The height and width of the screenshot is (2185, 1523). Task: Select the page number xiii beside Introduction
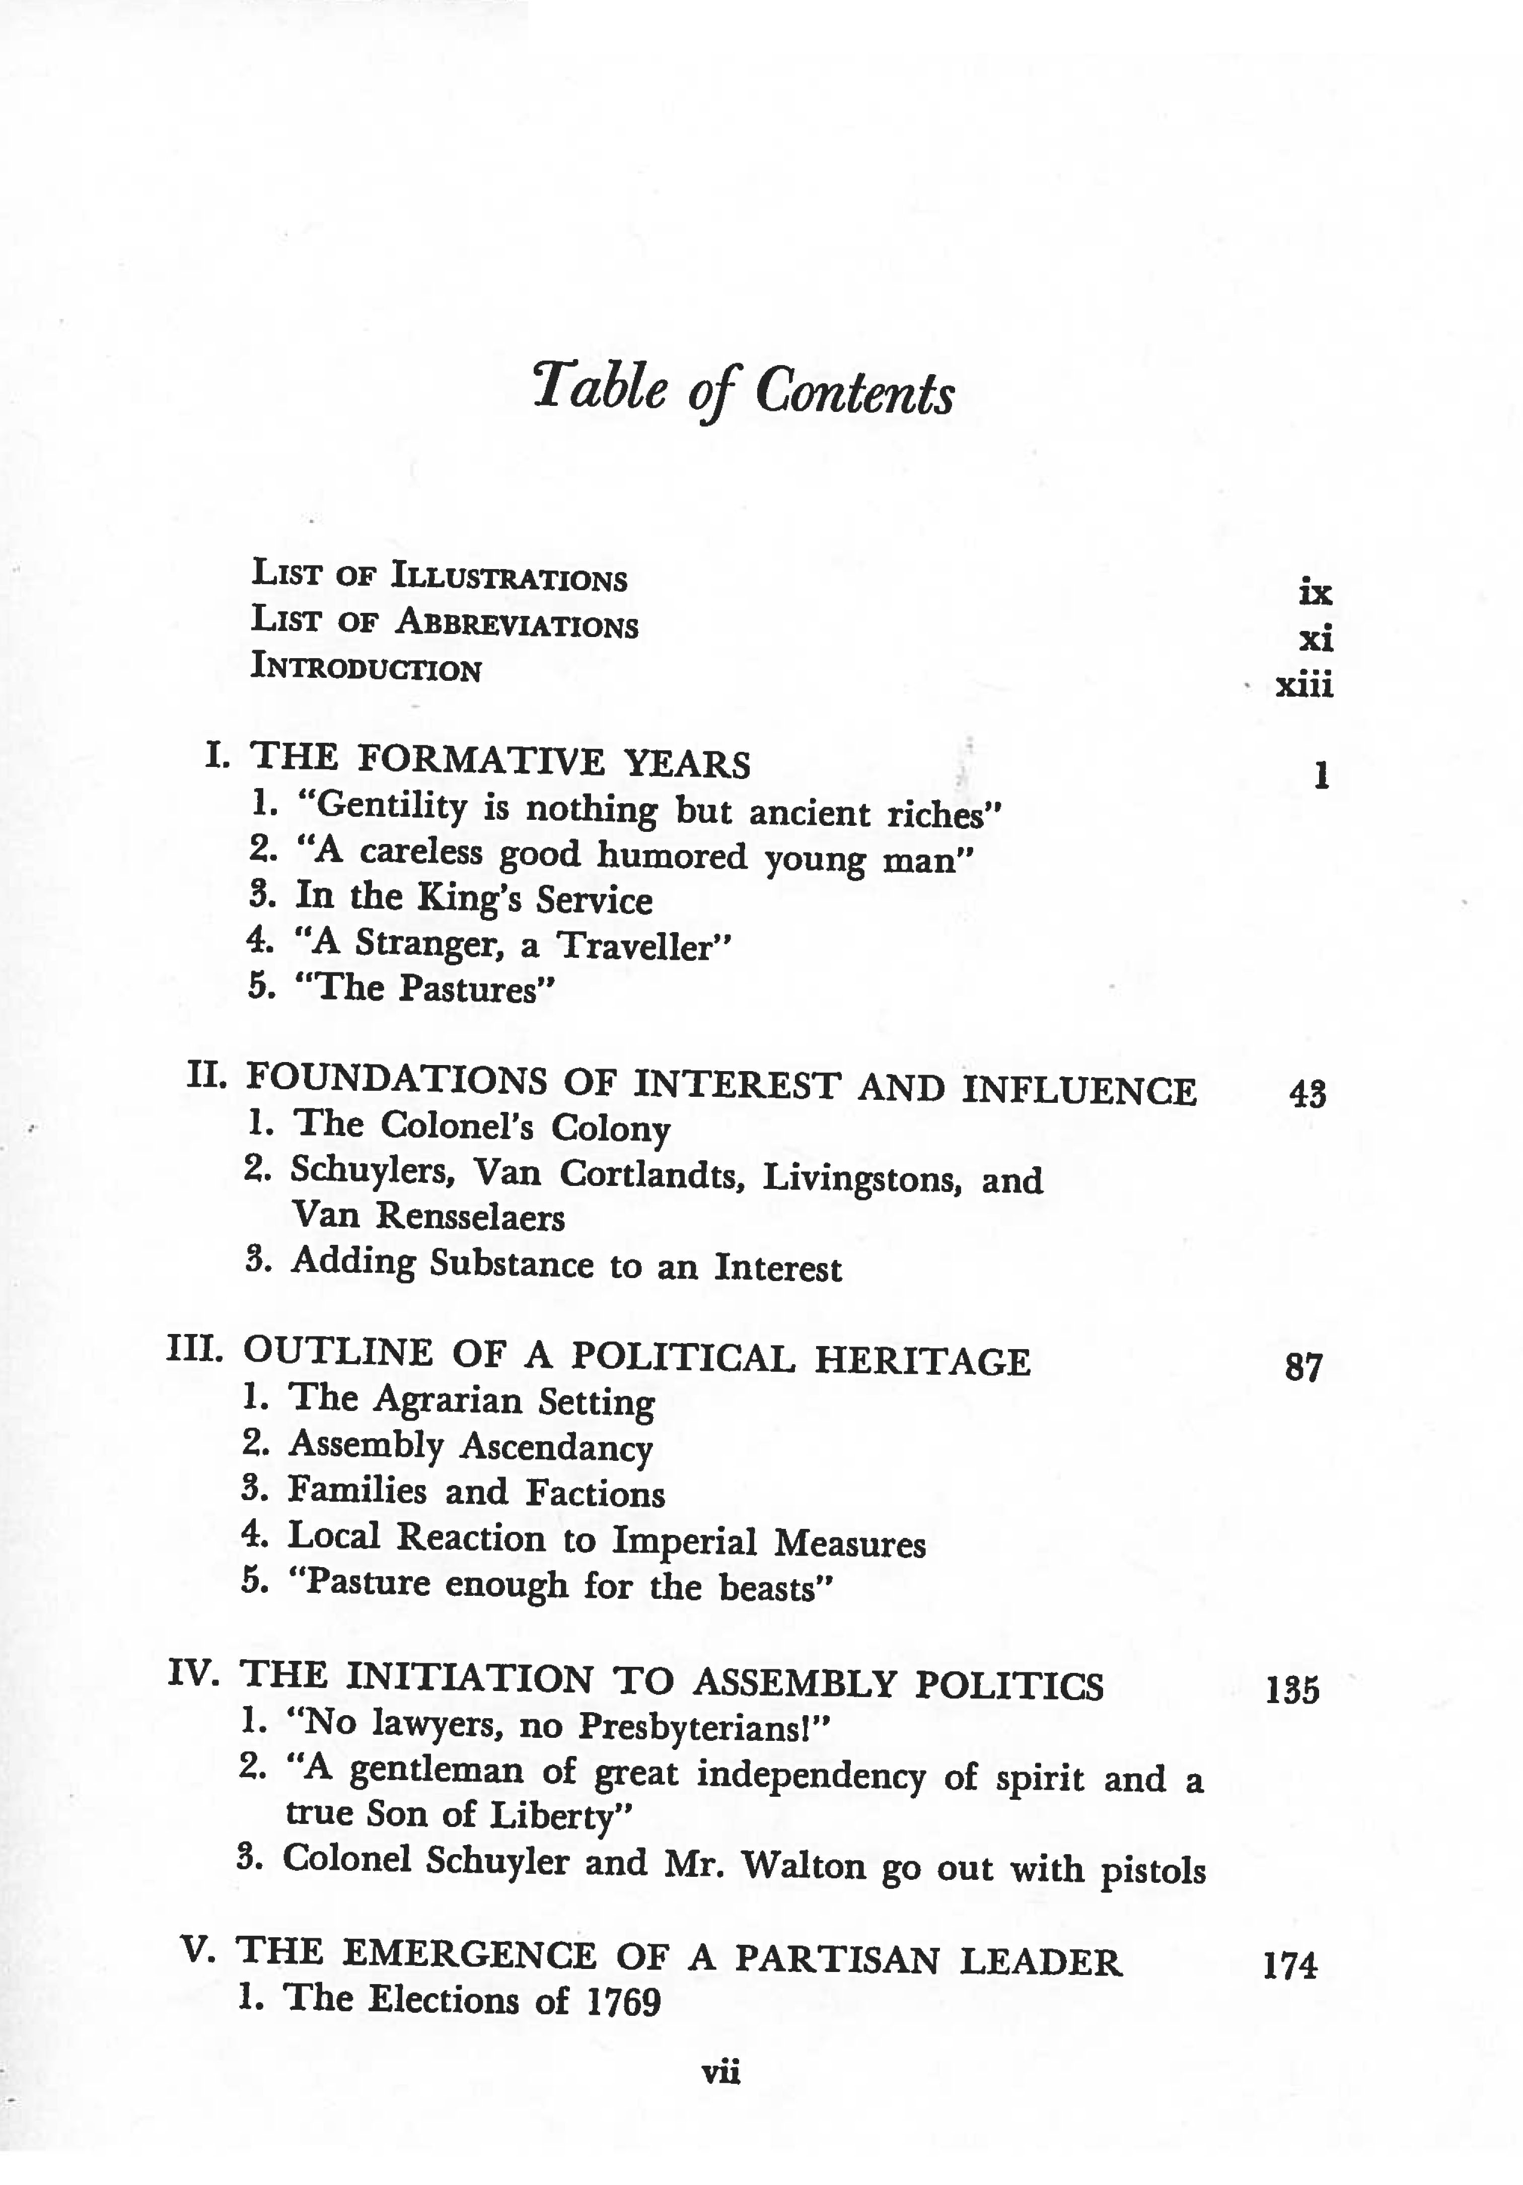tap(1304, 684)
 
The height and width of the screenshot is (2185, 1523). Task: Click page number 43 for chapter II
tap(1307, 1094)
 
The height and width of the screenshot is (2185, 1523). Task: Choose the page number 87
tap(1303, 1368)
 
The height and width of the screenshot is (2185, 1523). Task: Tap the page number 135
tap(1292, 1689)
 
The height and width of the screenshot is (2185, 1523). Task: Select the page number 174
tap(1289, 1965)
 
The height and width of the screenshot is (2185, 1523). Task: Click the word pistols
tap(1153, 1871)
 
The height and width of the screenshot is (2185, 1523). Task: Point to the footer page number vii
tap(720, 2072)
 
